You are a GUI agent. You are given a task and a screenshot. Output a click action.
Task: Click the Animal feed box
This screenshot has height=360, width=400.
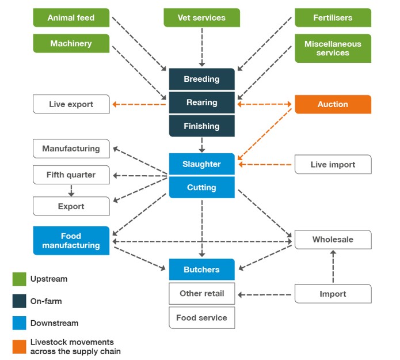[x=71, y=18]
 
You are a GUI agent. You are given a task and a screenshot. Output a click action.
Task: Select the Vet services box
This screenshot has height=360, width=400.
[x=201, y=18]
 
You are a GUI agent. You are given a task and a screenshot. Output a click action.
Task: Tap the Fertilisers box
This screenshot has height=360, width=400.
[x=333, y=18]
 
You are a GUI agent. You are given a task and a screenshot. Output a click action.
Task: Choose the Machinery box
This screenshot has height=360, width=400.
[x=71, y=44]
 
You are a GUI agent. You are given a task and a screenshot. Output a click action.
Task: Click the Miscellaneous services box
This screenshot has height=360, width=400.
[x=333, y=48]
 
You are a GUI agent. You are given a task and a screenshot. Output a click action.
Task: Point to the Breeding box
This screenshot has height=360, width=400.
[x=201, y=79]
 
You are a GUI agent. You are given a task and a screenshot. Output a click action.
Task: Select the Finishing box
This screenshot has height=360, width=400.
[x=201, y=126]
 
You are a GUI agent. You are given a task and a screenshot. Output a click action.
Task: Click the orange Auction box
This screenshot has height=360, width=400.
[x=333, y=104]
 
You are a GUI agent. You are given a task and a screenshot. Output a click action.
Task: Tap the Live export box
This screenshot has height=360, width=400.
[x=71, y=104]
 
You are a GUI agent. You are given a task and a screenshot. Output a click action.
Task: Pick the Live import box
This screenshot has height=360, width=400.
[x=333, y=165]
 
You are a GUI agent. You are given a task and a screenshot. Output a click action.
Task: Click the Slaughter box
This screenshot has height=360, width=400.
[x=201, y=164]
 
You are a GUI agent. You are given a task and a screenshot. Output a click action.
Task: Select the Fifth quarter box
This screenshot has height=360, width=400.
[x=71, y=175]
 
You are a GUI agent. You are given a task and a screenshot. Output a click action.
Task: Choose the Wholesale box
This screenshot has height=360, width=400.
[x=333, y=240]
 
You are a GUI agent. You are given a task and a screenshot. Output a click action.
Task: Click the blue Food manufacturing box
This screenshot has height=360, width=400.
[x=71, y=241]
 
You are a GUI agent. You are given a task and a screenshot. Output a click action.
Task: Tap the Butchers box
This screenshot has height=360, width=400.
[x=201, y=270]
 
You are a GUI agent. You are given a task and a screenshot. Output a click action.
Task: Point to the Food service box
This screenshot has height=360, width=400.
[x=201, y=318]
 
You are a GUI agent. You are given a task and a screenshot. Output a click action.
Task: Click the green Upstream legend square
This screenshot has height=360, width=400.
[x=20, y=279]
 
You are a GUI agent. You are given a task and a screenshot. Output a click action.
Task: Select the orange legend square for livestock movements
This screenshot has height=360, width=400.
[x=20, y=346]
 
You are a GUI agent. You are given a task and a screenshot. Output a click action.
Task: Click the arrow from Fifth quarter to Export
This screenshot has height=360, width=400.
[x=71, y=191]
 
